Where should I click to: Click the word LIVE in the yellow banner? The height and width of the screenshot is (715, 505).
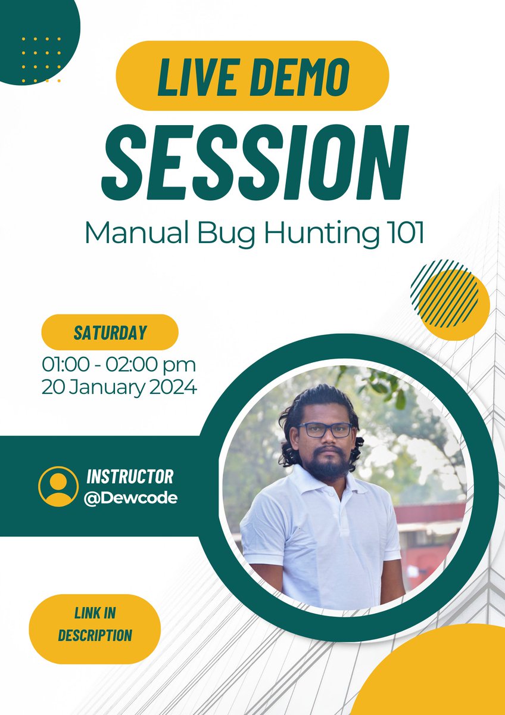192,76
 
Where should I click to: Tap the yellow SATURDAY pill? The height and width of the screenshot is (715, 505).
110,332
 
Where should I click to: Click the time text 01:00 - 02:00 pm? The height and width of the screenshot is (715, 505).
119,363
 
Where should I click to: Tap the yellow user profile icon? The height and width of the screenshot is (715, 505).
58,486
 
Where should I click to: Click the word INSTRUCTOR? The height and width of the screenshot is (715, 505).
130,477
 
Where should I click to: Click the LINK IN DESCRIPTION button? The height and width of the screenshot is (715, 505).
95,624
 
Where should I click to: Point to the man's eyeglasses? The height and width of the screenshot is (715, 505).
325,430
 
